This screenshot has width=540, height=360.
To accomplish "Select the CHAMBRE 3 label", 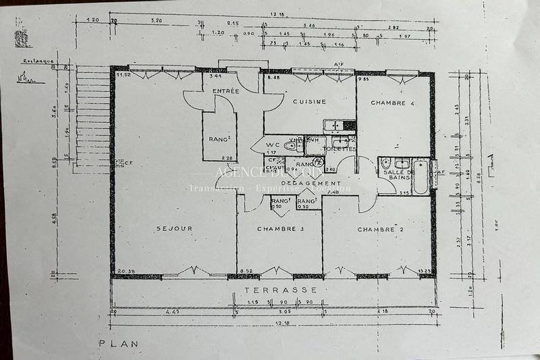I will point(279,229).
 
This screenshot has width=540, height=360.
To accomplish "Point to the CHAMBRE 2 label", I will point(380,230).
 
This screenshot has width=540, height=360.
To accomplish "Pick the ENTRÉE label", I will point(225,91).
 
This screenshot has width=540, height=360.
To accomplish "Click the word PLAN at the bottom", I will point(119,344).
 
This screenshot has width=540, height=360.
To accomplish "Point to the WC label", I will point(272,145).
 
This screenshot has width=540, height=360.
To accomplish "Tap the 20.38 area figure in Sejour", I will point(125,272).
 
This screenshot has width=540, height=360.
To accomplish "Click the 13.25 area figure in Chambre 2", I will point(424,272).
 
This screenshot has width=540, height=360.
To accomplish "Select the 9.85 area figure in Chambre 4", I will point(365,79).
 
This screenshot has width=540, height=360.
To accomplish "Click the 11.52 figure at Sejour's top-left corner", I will point(122,76).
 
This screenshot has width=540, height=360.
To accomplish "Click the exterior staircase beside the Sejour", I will point(92,115).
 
